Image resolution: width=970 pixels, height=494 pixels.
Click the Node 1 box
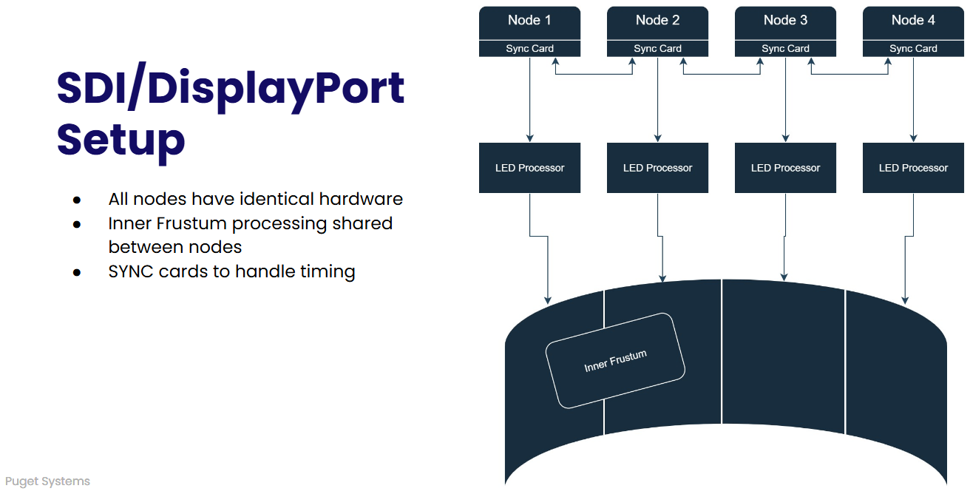click(x=529, y=22)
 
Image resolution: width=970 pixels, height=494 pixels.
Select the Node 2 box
click(x=657, y=22)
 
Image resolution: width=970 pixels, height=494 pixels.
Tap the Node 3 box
click(x=785, y=22)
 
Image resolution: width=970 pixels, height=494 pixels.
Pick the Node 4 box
click(x=913, y=22)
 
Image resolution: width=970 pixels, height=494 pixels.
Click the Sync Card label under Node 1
click(x=529, y=49)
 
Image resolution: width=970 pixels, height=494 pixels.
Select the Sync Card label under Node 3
click(x=785, y=49)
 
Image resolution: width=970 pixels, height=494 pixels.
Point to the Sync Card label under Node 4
click(x=913, y=49)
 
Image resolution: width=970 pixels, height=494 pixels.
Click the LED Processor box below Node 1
click(x=529, y=168)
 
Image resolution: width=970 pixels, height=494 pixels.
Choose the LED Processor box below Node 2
click(x=657, y=168)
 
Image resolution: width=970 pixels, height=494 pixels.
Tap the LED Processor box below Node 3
click(x=785, y=168)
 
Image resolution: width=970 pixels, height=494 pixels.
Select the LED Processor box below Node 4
click(x=913, y=168)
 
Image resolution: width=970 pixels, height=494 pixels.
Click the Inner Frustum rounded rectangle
click(x=615, y=361)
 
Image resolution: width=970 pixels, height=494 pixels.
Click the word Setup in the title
click(x=121, y=139)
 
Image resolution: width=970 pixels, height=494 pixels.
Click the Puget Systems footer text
click(x=47, y=481)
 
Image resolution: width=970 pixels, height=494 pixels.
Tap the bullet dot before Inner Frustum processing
click(x=76, y=224)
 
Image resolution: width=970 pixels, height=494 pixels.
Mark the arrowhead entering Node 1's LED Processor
click(x=529, y=138)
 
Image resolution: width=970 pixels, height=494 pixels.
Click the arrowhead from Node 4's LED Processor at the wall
click(x=904, y=300)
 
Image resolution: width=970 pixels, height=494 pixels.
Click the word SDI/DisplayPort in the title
click(x=231, y=89)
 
